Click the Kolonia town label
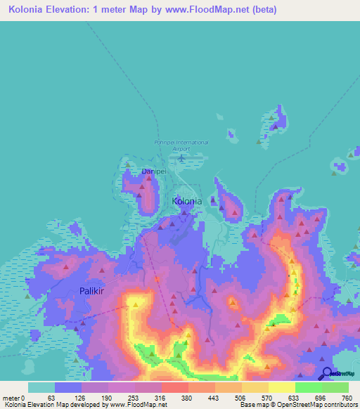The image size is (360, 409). click(187, 201)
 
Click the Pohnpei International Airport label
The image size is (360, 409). click(181, 145)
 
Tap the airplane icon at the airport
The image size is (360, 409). click(182, 157)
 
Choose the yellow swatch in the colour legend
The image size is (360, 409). click(281, 387)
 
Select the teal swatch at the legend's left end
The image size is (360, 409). click(41, 387)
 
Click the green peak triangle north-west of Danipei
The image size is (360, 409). click(127, 164)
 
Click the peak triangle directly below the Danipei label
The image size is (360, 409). click(148, 178)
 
